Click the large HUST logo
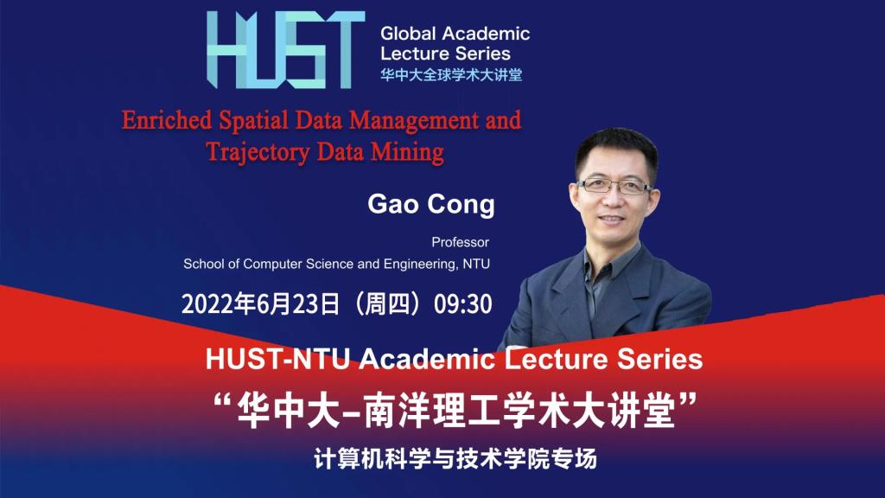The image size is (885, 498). pos(285,49)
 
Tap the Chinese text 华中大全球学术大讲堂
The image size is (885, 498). pos(451,74)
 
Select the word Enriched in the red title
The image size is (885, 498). pos(167,120)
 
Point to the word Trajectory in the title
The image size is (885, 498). pos(258,152)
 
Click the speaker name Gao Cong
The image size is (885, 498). pos(431,204)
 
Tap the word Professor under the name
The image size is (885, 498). pos(461,242)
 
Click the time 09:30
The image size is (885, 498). pos(463,304)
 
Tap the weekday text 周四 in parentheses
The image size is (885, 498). pos(386,304)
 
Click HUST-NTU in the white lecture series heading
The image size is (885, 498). pos(277,360)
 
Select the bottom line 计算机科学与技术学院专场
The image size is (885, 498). pos(455,459)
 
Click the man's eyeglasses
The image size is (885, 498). pos(614,186)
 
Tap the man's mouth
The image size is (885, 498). pos(612,219)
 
